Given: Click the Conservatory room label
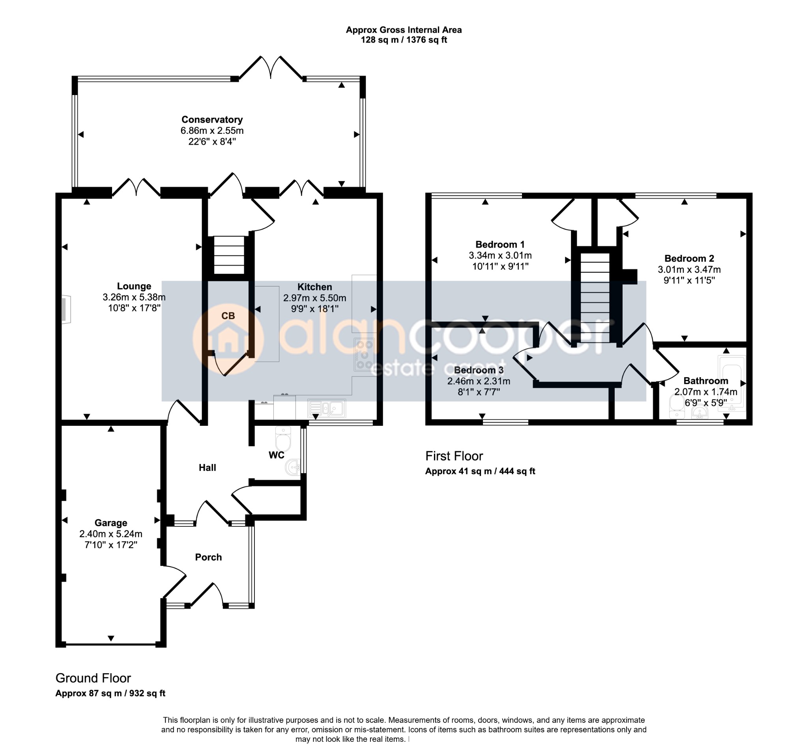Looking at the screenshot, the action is tap(212, 120).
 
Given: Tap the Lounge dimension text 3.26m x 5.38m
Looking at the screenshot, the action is tap(134, 297).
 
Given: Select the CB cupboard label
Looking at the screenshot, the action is tap(228, 316).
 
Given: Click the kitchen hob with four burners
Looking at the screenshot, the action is tap(364, 354).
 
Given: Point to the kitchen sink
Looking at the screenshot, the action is tap(326, 408).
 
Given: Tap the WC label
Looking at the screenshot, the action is tap(277, 455).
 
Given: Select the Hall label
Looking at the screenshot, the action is tap(207, 468).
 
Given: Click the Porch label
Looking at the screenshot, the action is tap(208, 557).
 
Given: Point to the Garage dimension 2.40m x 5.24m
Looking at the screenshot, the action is tap(110, 534).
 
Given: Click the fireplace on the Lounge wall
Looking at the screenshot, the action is tap(66, 310).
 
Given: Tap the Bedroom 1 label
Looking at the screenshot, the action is tap(500, 244).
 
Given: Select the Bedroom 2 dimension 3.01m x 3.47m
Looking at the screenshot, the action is tap(689, 269).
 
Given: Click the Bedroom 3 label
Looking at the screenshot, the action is tap(479, 370).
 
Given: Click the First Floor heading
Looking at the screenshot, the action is tap(454, 456).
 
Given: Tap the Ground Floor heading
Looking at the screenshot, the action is tap(93, 678).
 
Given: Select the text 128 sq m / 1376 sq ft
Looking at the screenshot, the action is tap(404, 40).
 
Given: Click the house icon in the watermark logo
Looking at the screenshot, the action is tap(228, 339).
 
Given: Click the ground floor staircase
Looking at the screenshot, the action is tap(229, 256).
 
